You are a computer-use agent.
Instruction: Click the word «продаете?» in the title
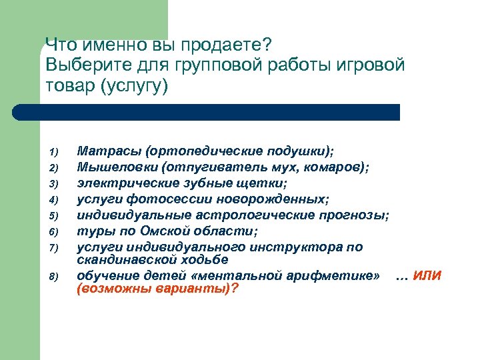tap(227, 46)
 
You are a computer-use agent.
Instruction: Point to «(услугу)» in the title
tap(134, 86)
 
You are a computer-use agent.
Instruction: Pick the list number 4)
tap(55, 199)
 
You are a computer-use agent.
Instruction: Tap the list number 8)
tap(55, 277)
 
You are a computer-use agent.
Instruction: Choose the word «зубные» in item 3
tap(203, 183)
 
